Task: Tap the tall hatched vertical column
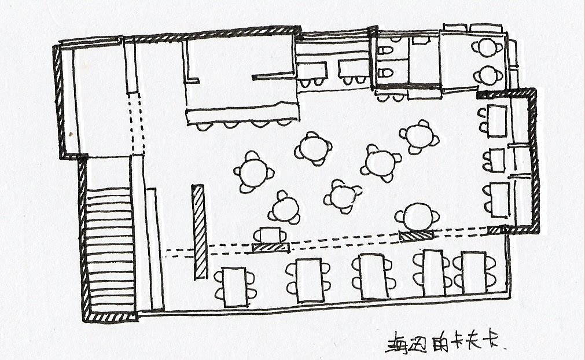[199, 232]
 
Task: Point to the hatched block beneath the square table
[271, 247]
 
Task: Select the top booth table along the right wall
[496, 120]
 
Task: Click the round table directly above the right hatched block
[417, 217]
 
